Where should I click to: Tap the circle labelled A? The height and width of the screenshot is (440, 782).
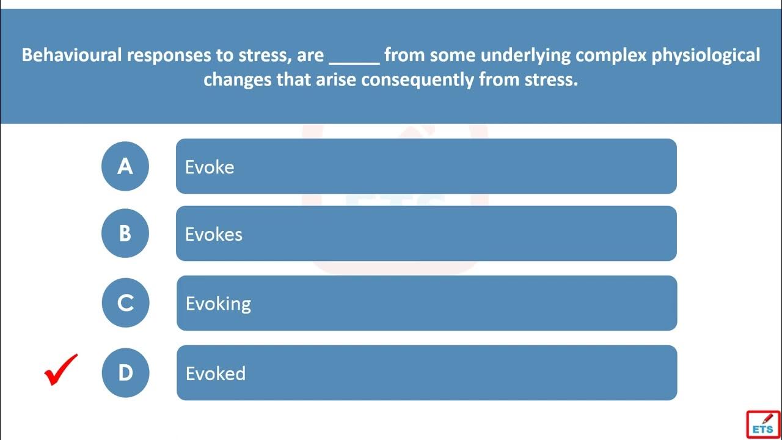tap(125, 166)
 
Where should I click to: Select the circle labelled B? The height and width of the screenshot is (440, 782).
tap(125, 233)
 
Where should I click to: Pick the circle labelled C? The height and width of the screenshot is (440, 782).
tap(125, 302)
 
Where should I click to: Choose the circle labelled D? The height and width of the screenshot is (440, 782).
tap(125, 373)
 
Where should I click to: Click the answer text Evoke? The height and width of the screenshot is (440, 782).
tap(210, 167)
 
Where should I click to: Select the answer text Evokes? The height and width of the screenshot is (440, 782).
tap(214, 234)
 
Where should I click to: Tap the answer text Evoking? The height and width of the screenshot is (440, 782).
tap(218, 304)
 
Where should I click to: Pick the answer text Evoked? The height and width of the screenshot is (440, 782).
tap(216, 373)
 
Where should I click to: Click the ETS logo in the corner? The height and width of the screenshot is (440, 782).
tap(763, 425)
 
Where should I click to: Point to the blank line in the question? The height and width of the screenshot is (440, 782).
tap(354, 64)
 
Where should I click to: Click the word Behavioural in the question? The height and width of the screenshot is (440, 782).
tap(71, 55)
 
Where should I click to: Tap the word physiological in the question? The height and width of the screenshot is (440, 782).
tap(706, 56)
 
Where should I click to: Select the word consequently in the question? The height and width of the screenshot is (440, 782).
tap(417, 80)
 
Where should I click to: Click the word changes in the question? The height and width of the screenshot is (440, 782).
tap(238, 80)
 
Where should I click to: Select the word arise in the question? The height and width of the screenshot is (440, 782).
tap(336, 79)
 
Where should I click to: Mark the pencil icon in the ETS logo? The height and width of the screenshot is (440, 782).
tap(768, 419)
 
